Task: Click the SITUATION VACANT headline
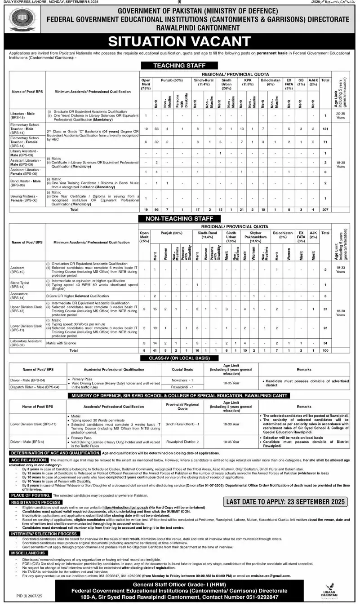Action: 180,42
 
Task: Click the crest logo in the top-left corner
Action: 22,20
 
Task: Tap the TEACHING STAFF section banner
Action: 179,66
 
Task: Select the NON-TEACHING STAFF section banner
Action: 180,219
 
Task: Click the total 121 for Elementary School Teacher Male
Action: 325,129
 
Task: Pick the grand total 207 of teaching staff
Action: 325,209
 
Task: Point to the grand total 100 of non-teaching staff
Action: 325,350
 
